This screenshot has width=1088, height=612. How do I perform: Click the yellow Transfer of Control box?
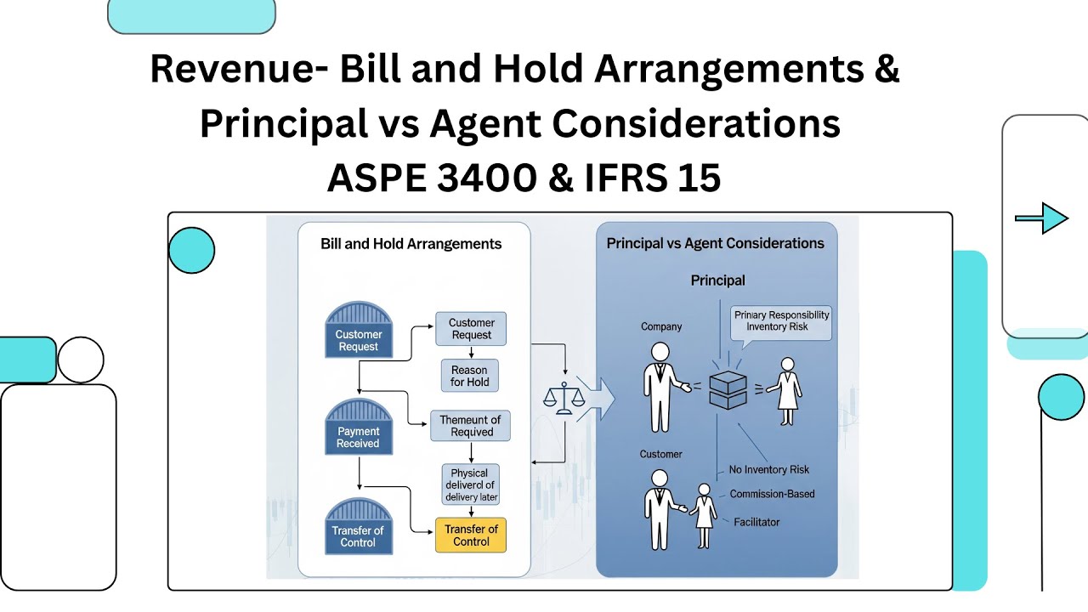(471, 535)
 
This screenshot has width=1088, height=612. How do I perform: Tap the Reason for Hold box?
(469, 376)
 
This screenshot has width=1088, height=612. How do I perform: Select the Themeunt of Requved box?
(470, 425)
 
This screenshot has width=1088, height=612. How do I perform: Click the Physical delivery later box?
(470, 484)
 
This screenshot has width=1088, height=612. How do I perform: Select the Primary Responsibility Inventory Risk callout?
(781, 321)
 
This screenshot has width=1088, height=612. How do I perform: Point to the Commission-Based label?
(772, 494)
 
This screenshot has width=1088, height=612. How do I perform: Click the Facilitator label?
(756, 522)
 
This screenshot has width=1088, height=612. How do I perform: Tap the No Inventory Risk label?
(769, 470)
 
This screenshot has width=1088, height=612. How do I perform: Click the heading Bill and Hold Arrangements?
(411, 244)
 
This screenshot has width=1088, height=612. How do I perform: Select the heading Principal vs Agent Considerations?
(715, 243)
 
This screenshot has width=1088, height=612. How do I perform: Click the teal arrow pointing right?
(1042, 218)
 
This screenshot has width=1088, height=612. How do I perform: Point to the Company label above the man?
(661, 326)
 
